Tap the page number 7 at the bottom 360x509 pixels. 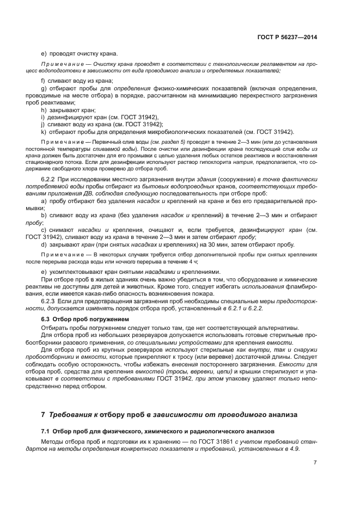(315, 462)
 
